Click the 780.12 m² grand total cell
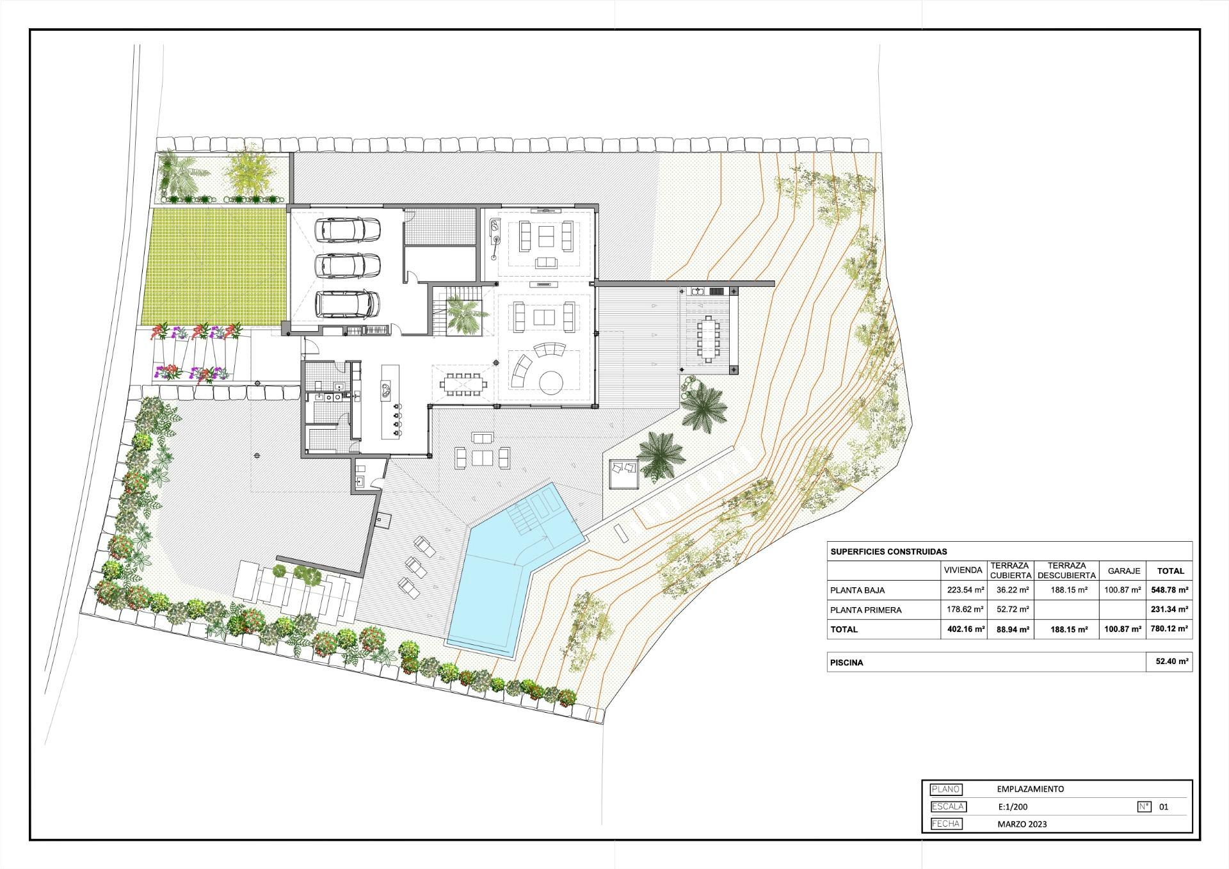point(1169,629)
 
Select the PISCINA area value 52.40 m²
point(1171,662)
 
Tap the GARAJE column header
point(1123,571)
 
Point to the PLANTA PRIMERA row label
point(865,610)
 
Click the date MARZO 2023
point(1022,824)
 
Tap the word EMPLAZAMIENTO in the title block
point(1031,789)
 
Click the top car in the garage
point(349,230)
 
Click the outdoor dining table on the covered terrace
point(707,338)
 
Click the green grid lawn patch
point(215,265)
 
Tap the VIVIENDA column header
point(963,571)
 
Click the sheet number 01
point(1164,807)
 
